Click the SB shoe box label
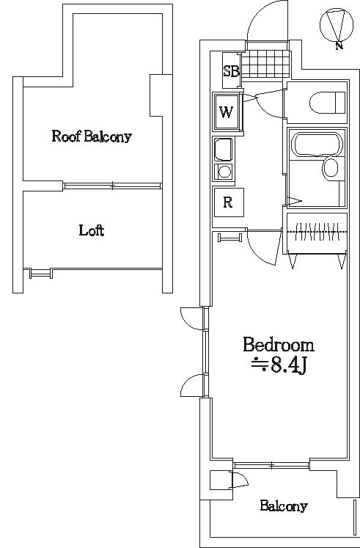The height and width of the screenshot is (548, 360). click(x=231, y=71)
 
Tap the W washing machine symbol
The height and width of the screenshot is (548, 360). click(x=227, y=112)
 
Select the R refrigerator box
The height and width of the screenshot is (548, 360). click(x=228, y=202)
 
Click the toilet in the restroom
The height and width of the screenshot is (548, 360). click(x=327, y=102)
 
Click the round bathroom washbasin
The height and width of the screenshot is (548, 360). click(x=331, y=169)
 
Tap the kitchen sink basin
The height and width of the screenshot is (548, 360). click(x=223, y=150)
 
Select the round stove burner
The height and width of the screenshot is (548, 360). click(x=224, y=172)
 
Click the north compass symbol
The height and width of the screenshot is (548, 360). click(x=337, y=27)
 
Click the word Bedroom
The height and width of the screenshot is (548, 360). click(x=279, y=345)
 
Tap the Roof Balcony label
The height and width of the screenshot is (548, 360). click(x=92, y=136)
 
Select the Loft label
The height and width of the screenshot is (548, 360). click(x=92, y=230)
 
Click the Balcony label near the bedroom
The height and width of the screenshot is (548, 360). click(x=284, y=505)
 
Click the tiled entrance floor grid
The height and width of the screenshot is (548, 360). click(x=265, y=65)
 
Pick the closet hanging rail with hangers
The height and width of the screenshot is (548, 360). click(x=317, y=232)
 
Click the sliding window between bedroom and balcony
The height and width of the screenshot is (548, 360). click(x=272, y=465)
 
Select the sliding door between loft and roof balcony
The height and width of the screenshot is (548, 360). click(x=112, y=186)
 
